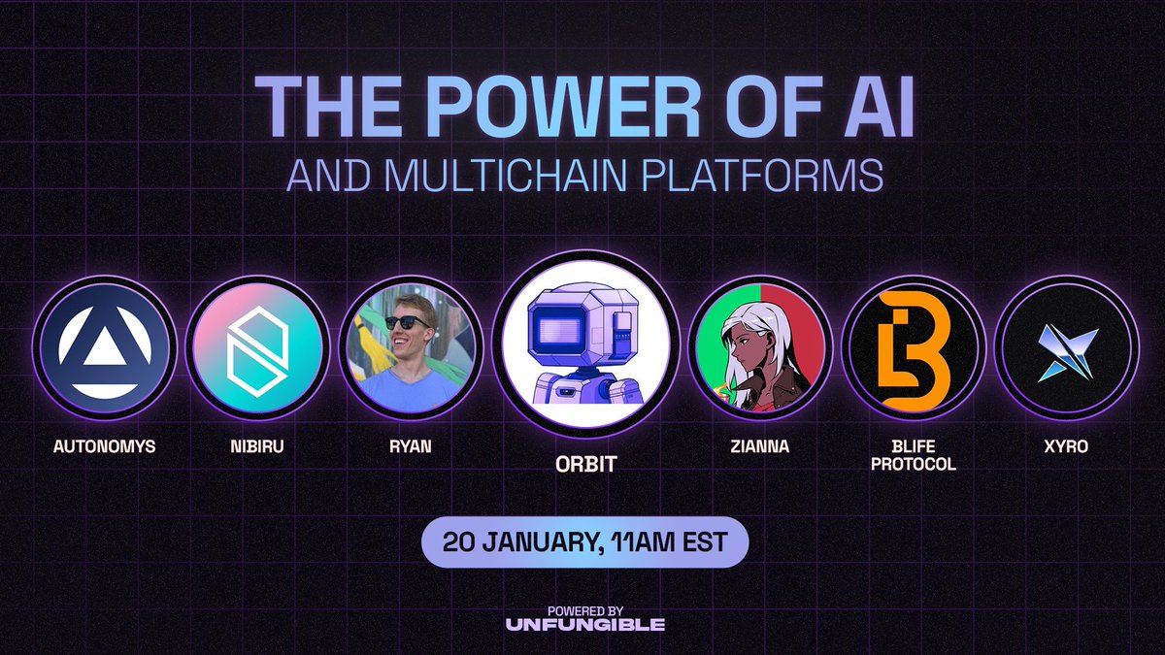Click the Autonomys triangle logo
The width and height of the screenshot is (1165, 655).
click(104, 348)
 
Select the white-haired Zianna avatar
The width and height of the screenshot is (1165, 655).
click(760, 348)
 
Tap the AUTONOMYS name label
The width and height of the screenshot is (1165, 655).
click(104, 448)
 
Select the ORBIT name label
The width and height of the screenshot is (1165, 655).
click(584, 464)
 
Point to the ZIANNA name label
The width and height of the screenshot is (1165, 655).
click(760, 448)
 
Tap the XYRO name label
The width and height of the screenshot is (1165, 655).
click(1067, 448)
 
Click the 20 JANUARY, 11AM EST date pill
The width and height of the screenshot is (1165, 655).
click(584, 541)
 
